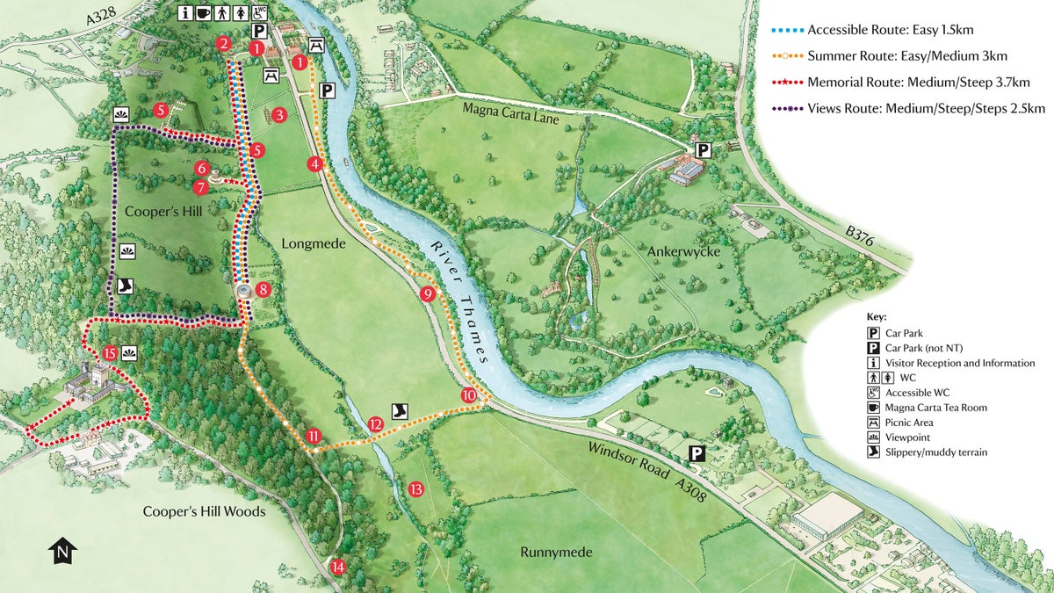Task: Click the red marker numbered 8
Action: (263, 289)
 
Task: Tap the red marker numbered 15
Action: (110, 353)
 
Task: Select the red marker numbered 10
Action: (469, 396)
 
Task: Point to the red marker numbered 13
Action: (416, 489)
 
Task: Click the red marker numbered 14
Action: (338, 567)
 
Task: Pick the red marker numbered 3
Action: (279, 114)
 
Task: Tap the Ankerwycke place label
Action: (683, 252)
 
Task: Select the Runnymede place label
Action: (555, 553)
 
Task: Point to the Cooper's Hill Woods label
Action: (204, 511)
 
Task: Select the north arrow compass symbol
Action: (62, 551)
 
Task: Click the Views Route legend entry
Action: (899, 108)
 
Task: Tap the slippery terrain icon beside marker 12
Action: (400, 410)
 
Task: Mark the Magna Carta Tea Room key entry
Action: (935, 408)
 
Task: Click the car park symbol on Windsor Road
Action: (697, 454)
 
